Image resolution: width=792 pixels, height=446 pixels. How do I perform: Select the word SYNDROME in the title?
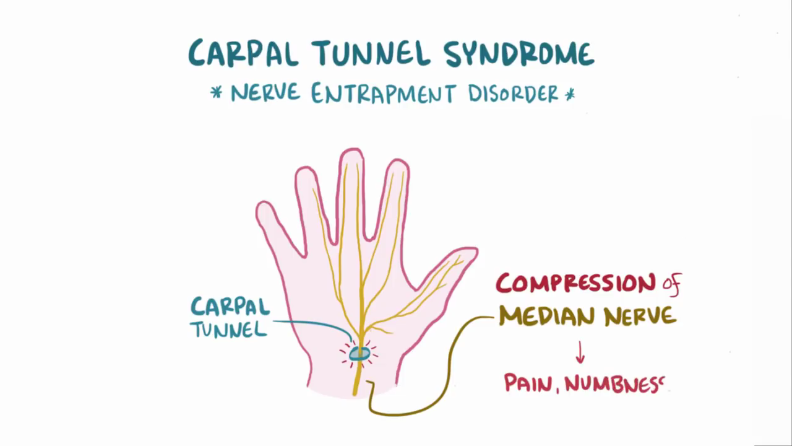(519, 54)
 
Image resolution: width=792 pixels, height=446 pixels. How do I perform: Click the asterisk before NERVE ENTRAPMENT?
(217, 94)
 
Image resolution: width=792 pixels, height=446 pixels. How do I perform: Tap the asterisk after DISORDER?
(569, 95)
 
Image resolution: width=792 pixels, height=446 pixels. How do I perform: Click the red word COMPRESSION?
(575, 284)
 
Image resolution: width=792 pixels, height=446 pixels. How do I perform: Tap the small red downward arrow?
(580, 352)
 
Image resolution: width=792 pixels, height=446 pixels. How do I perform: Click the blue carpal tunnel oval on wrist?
(359, 354)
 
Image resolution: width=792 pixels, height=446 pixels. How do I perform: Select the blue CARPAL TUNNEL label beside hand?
(230, 317)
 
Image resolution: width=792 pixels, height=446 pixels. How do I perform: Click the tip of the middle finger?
(351, 155)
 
